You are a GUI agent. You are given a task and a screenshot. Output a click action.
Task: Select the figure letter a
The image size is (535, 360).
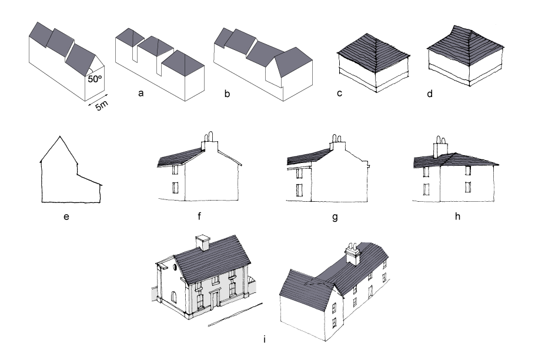140,93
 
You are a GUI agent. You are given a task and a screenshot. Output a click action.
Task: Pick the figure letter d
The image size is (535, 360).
430,93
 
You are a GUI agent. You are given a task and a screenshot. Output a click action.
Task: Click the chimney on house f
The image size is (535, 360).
210,142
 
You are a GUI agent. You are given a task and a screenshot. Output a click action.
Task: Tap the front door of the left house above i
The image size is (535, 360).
215,299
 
